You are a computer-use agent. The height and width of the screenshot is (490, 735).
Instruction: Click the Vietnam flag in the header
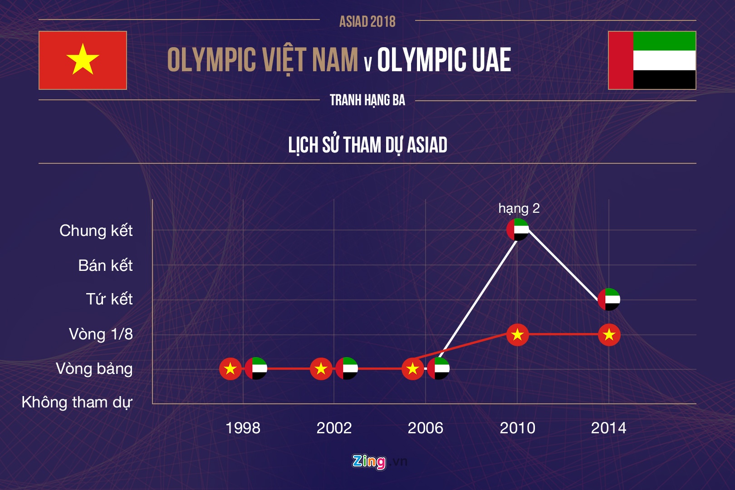pyautogui.click(x=83, y=60)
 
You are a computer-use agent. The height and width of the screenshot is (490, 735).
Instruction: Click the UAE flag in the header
pyautogui.click(x=652, y=60)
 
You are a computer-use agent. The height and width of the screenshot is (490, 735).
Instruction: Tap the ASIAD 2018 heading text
pyautogui.click(x=367, y=21)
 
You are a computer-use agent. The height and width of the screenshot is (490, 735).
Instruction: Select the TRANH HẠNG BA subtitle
pyautogui.click(x=367, y=100)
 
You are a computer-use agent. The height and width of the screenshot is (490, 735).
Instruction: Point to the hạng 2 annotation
pyautogui.click(x=519, y=208)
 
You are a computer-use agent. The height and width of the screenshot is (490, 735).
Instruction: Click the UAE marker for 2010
pyautogui.click(x=518, y=229)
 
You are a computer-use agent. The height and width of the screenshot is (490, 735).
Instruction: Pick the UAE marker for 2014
pyautogui.click(x=609, y=299)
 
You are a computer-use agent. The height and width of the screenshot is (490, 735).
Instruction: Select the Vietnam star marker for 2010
pyautogui.click(x=518, y=335)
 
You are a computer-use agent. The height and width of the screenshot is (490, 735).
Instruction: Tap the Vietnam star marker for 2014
pyautogui.click(x=609, y=335)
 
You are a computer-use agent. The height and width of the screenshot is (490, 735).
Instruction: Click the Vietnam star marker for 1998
pyautogui.click(x=230, y=368)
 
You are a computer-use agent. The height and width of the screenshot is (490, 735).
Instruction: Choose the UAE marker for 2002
pyautogui.click(x=347, y=368)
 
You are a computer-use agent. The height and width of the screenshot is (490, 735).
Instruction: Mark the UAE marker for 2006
pyautogui.click(x=438, y=368)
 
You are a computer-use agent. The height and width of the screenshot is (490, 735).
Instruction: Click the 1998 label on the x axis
pyautogui.click(x=243, y=428)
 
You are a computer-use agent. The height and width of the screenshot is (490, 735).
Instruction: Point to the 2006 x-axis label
pyautogui.click(x=425, y=428)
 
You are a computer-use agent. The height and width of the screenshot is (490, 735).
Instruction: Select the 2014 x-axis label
pyautogui.click(x=608, y=428)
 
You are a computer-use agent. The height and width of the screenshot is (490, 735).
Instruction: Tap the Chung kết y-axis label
pyautogui.click(x=96, y=231)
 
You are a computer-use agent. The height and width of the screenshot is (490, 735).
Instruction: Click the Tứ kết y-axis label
pyautogui.click(x=109, y=299)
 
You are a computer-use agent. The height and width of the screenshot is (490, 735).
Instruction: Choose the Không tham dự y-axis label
pyautogui.click(x=77, y=402)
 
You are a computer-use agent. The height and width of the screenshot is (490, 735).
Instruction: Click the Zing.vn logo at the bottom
pyautogui.click(x=379, y=461)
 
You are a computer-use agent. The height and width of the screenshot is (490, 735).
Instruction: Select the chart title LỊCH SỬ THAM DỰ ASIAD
pyautogui.click(x=367, y=145)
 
